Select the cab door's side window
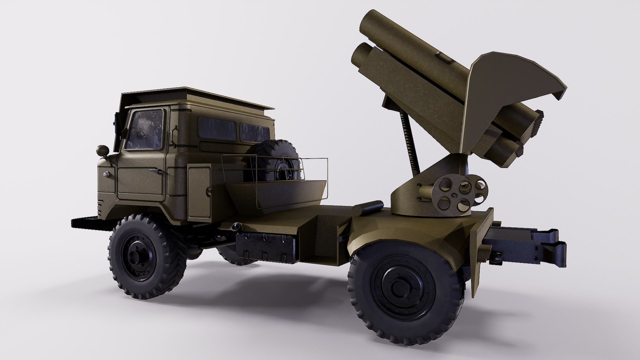point(145,130)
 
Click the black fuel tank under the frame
point(265,247)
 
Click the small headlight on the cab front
point(106,174)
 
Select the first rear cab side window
point(217,128)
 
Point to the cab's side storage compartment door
point(199,192)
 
